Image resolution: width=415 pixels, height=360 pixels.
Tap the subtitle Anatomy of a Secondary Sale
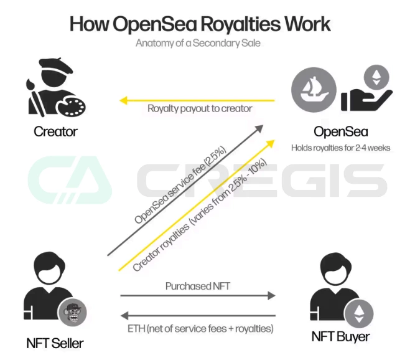[198, 44]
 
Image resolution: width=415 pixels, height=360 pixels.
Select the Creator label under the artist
[55, 131]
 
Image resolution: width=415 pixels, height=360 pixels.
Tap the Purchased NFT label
[197, 287]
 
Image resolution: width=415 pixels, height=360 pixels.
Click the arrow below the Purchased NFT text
[197, 296]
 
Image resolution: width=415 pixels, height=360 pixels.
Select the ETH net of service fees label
[197, 327]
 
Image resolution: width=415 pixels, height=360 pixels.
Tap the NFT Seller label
[55, 343]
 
